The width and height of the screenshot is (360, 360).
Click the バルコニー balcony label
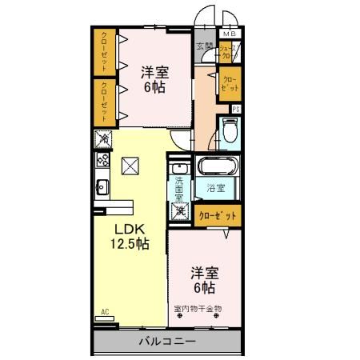168,342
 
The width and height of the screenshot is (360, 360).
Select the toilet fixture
230,130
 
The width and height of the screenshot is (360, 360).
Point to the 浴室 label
215,189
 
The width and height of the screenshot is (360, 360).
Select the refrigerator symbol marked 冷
103,139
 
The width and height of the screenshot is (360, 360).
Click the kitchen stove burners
102,160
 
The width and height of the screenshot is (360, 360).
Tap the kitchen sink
102,188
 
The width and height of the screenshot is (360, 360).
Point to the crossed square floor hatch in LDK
130,166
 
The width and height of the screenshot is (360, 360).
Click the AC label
104,310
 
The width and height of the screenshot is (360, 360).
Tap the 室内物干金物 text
198,308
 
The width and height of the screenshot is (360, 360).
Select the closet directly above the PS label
229,83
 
